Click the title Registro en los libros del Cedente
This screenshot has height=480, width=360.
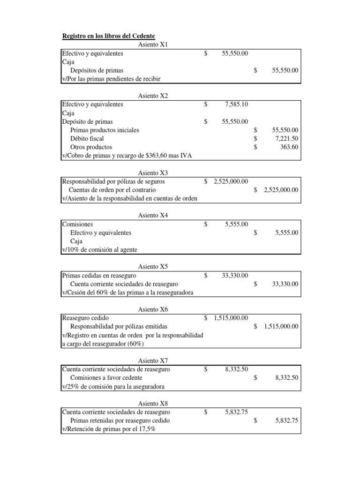pyautogui.click(x=109, y=36)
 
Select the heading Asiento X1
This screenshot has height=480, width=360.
pyautogui.click(x=153, y=45)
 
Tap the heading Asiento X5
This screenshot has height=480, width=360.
pyautogui.click(x=153, y=267)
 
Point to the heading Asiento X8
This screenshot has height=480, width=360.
pyautogui.click(x=153, y=403)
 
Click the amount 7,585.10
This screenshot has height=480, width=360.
pyautogui.click(x=236, y=105)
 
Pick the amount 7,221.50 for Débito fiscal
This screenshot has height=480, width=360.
pyautogui.click(x=285, y=139)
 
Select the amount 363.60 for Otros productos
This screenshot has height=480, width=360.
pyautogui.click(x=288, y=147)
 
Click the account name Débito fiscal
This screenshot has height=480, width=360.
pyautogui.click(x=87, y=139)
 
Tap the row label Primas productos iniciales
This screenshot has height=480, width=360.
pyautogui.click(x=105, y=130)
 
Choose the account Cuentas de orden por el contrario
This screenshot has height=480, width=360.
pyautogui.click(x=112, y=190)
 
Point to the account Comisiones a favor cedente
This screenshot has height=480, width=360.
pyautogui.click(x=106, y=378)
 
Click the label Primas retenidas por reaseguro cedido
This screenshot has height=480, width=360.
pyautogui.click(x=120, y=420)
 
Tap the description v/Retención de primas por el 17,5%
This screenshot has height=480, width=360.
pyautogui.click(x=108, y=429)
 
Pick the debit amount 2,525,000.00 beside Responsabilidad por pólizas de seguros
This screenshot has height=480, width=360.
pyautogui.click(x=230, y=181)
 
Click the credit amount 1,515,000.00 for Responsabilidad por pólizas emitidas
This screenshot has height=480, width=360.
pyautogui.click(x=281, y=327)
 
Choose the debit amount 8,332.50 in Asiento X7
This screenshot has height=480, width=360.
pyautogui.click(x=236, y=369)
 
